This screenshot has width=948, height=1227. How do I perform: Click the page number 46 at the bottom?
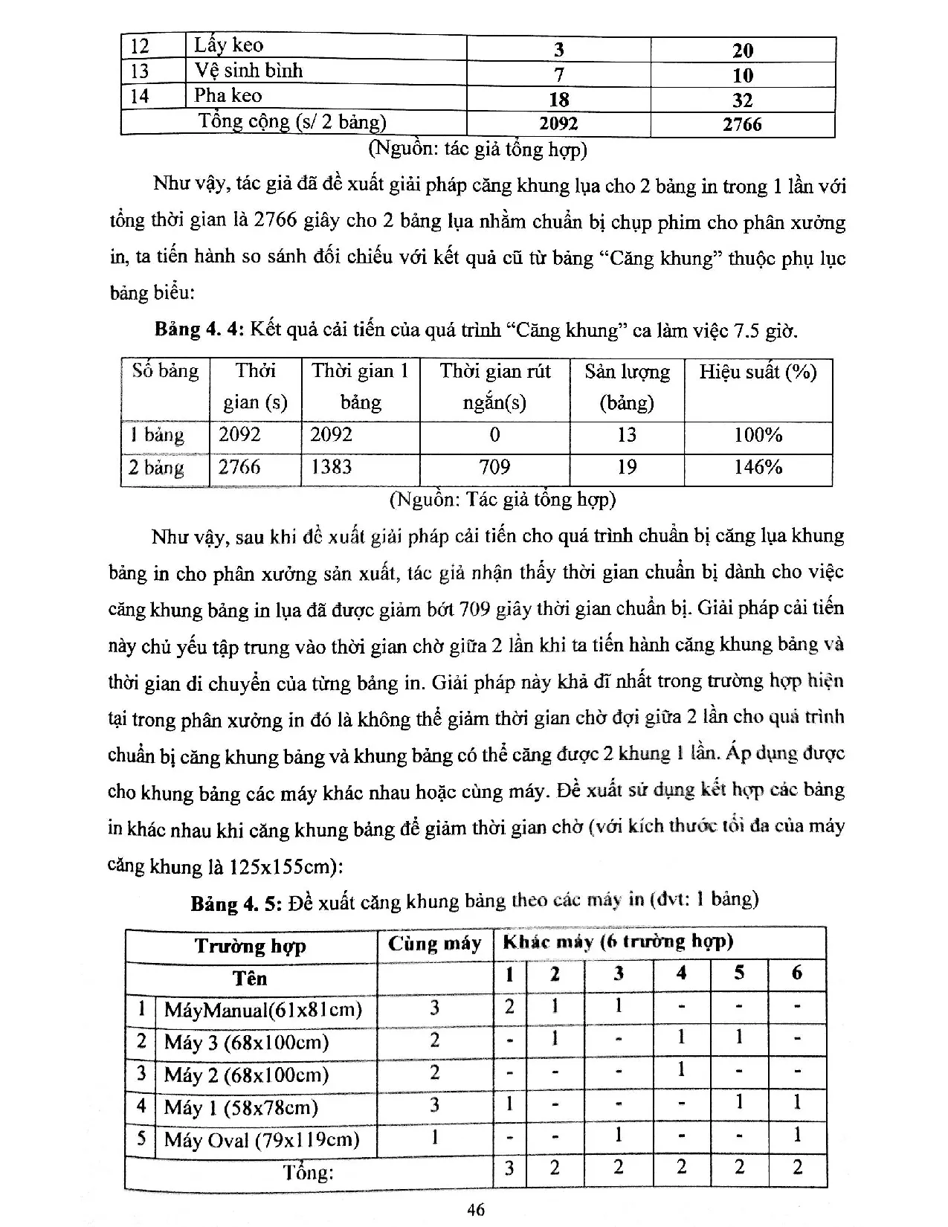[x=476, y=1209]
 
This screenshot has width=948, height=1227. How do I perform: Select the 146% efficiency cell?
[x=758, y=467]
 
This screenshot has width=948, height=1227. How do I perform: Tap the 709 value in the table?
[x=494, y=467]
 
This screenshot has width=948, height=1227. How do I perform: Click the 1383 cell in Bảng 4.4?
[x=331, y=467]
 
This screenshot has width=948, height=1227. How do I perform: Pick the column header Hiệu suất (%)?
[x=758, y=372]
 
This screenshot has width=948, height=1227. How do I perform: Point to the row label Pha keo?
[x=228, y=95]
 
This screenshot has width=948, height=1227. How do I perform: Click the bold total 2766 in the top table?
[x=742, y=125]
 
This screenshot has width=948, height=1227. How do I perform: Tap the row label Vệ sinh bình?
[x=248, y=71]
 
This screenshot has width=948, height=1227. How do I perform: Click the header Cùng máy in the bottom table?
[x=434, y=944]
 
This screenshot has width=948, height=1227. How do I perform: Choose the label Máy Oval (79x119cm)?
[x=262, y=1140]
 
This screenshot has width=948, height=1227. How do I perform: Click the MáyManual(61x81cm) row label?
[x=262, y=1010]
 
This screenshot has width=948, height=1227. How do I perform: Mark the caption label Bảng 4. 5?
[x=236, y=904]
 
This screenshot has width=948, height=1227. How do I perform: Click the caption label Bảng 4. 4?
[x=199, y=329]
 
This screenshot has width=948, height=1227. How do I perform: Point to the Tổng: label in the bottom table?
[x=308, y=1173]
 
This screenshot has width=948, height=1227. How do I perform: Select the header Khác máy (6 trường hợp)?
[x=618, y=942]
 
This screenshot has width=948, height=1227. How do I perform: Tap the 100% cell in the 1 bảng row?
[x=758, y=435]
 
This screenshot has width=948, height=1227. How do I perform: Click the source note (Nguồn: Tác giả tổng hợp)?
[x=503, y=499]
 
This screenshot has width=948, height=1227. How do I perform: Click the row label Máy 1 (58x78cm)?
[x=241, y=1108]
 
